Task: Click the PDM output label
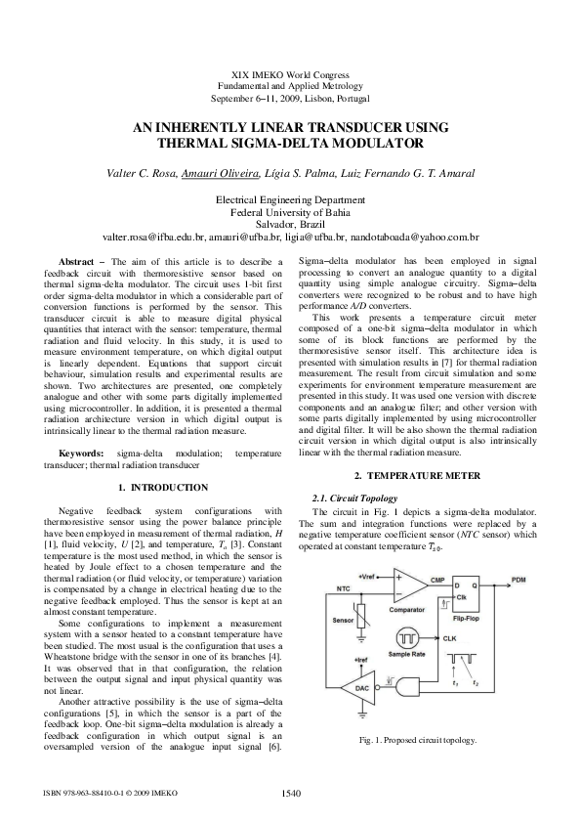[518, 580]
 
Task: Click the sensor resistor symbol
[363, 627]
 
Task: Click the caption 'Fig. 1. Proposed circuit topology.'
[417, 741]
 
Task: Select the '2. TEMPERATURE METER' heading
[417, 475]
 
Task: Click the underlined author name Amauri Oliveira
[221, 174]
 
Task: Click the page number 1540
[290, 794]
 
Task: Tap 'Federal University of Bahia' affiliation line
[289, 210]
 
